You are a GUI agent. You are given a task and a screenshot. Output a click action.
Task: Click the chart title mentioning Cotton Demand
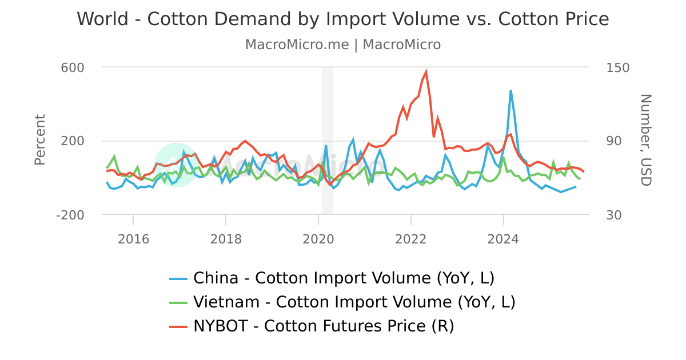(343, 19)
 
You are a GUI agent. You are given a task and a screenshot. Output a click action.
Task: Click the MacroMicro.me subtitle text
(343, 45)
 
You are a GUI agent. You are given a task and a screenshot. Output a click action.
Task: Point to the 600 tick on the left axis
(73, 67)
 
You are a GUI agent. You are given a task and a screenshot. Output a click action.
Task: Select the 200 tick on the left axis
(73, 141)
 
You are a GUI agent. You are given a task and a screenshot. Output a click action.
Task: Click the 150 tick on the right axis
(617, 67)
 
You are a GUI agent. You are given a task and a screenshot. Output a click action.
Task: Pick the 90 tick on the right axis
(614, 141)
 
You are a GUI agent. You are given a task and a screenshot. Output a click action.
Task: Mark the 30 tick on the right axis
(614, 215)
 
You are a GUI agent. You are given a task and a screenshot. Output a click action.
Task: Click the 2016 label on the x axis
(133, 239)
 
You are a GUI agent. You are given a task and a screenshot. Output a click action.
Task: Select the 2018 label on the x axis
(226, 239)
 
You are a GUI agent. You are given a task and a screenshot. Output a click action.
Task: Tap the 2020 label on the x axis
(318, 239)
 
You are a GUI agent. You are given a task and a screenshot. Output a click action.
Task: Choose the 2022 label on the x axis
(411, 239)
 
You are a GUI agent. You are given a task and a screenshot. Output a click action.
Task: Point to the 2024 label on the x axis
(504, 239)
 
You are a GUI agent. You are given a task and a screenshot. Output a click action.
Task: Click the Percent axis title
(39, 140)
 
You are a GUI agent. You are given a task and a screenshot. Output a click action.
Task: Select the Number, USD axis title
(645, 140)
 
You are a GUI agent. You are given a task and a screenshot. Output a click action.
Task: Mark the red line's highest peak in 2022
(426, 72)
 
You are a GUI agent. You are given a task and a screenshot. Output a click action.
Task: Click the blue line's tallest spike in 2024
(510, 90)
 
